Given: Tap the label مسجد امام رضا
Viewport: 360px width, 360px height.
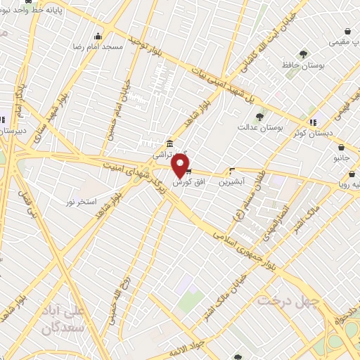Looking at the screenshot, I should [103, 46].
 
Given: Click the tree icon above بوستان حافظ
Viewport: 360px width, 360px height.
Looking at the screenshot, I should [303, 53].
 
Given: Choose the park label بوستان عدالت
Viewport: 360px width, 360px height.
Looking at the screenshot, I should [260, 127].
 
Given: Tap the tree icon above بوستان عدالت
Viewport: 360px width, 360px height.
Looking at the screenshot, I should [259, 117].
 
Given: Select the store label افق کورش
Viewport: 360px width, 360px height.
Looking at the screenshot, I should [188, 181].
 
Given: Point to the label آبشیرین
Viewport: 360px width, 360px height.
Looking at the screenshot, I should [231, 181].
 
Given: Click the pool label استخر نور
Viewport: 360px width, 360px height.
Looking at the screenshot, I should [79, 202].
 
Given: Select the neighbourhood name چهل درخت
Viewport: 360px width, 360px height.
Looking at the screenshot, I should [288, 300].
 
